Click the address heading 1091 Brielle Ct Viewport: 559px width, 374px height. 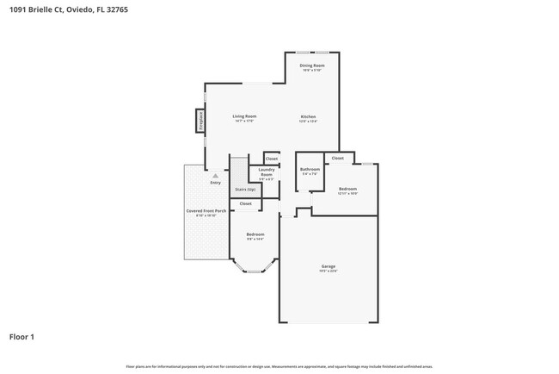pos(60,10)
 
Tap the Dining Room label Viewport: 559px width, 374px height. pos(311,65)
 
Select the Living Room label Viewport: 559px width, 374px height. pos(244,116)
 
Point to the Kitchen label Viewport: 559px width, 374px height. pos(308,116)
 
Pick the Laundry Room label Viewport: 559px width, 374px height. pos(266,171)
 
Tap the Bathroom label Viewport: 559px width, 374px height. pos(310,169)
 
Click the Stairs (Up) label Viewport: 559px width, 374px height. pos(245,189)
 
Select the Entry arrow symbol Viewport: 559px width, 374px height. pos(215,176)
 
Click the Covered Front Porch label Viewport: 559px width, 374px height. pos(206,210)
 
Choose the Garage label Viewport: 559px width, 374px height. pos(329,266)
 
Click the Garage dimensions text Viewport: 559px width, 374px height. pos(329,271)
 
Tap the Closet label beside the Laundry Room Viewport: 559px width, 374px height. pos(271,159)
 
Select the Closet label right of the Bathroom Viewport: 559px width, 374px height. pos(337,158)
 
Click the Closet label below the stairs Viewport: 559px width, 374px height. pos(245,203)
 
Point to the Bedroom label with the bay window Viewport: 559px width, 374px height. pos(255,234)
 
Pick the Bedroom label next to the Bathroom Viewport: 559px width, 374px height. pos(347,188)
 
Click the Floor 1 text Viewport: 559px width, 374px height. pos(22,336)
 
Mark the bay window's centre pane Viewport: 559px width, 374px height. pos(253,272)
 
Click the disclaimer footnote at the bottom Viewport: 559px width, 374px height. pos(279,366)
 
